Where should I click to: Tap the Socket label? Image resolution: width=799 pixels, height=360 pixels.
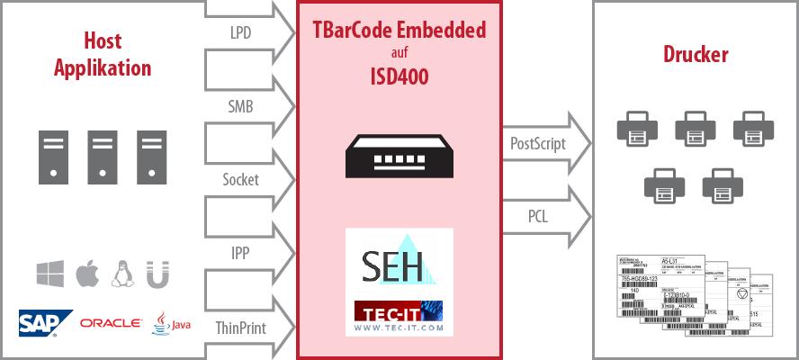240,179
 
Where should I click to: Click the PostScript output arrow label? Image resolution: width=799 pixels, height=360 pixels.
538,142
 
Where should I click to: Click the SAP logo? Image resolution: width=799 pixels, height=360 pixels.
45,323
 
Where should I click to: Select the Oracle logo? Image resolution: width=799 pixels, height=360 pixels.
111,323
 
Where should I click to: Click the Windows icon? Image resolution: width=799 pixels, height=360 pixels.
50,274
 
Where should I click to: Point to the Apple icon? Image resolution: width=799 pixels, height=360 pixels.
87,274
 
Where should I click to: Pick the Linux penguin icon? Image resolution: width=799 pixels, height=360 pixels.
122,274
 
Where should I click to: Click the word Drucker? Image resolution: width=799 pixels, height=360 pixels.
696,56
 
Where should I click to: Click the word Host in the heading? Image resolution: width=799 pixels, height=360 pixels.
102,40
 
